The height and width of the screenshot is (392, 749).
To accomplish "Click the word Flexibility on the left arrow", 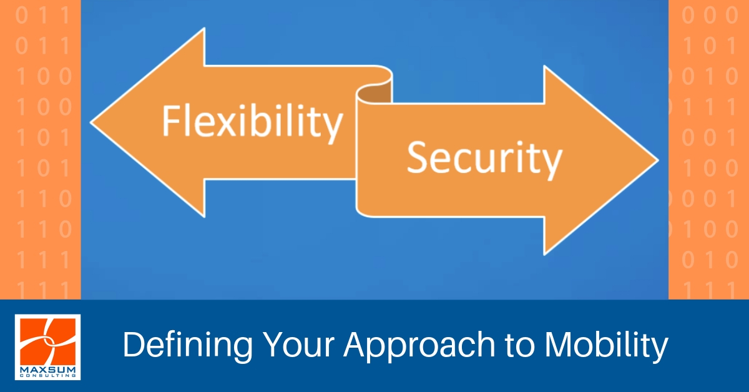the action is point(253,123).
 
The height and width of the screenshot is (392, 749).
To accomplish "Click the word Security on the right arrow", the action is point(484,159).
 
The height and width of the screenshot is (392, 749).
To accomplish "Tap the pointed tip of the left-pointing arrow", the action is point(91,122).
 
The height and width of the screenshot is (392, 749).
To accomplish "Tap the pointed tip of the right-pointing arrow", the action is point(658,160).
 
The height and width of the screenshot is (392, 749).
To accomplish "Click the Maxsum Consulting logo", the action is point(48,347).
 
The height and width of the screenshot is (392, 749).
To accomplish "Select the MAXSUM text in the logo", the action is point(48,370).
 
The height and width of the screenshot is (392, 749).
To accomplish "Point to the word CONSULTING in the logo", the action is point(48,376).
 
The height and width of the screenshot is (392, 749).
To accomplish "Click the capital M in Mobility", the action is point(558,345).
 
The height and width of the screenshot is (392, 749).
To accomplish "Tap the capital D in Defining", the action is point(135,345).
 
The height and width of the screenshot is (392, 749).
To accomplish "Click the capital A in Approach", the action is point(356,345).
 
